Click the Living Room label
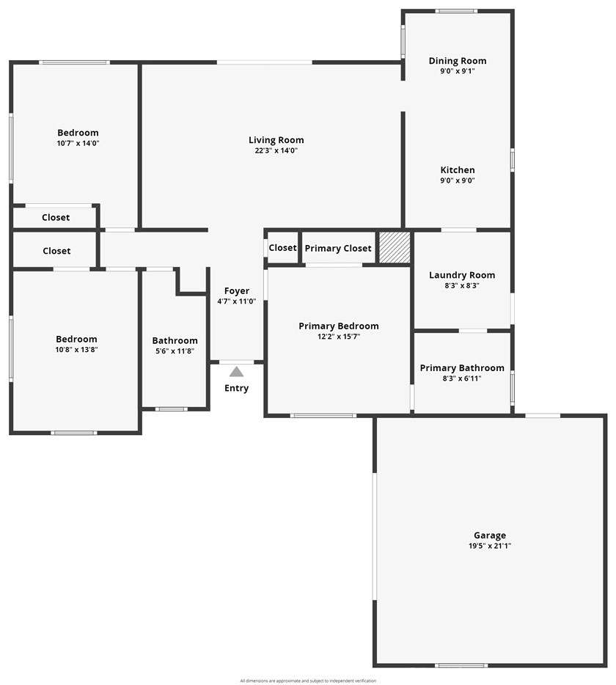pos(276,140)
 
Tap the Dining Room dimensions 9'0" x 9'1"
pos(458,71)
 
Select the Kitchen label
pos(458,170)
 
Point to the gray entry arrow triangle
pos(236,372)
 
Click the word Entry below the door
pos(236,388)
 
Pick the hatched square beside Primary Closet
pos(395,248)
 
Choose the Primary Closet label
pos(338,249)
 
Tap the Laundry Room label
pos(462,275)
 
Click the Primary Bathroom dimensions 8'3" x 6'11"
pos(462,378)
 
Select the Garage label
pos(489,535)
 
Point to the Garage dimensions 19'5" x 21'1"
pos(489,546)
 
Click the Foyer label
pos(236,291)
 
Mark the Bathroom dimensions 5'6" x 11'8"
pos(175,351)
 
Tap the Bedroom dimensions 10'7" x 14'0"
pos(78,144)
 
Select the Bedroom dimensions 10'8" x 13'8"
pos(76,350)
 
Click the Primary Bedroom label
pos(338,326)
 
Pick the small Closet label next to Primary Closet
pos(282,248)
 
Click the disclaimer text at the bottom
pos(308,681)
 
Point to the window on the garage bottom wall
pos(461,665)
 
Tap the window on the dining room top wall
pos(456,11)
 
